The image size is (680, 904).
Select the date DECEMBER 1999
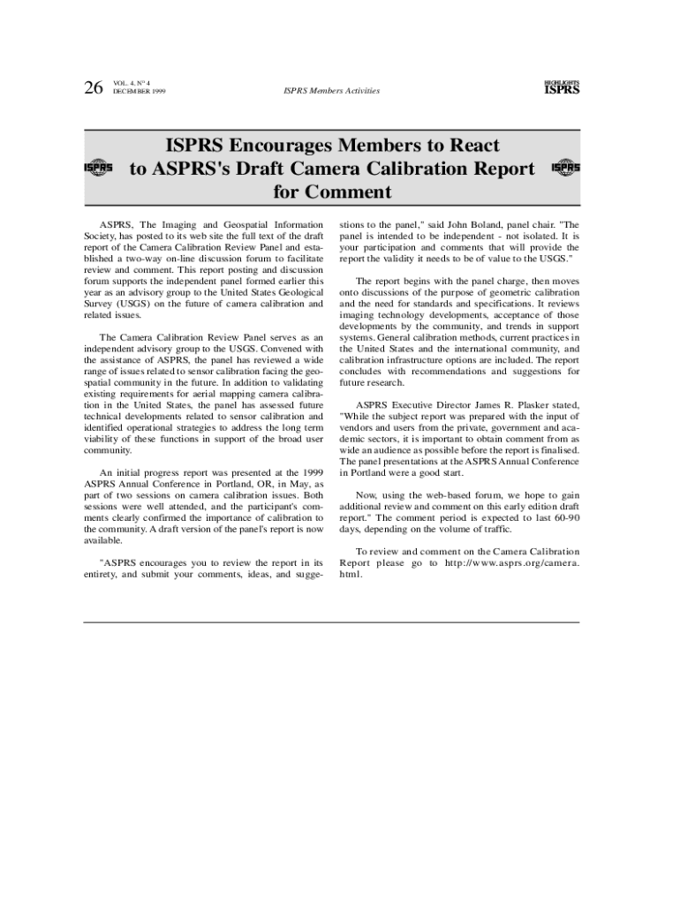pos(140,92)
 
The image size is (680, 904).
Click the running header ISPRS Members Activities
pos(331,90)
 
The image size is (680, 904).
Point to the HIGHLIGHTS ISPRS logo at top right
pos(562,87)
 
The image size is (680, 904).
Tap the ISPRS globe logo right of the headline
pos(565,167)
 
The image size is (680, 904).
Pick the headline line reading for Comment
pos(331,192)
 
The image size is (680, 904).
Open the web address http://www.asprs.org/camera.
pos(512,562)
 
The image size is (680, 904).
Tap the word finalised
pos(559,449)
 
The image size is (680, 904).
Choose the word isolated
pos(540,237)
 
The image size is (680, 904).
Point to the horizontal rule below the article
pos(331,622)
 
